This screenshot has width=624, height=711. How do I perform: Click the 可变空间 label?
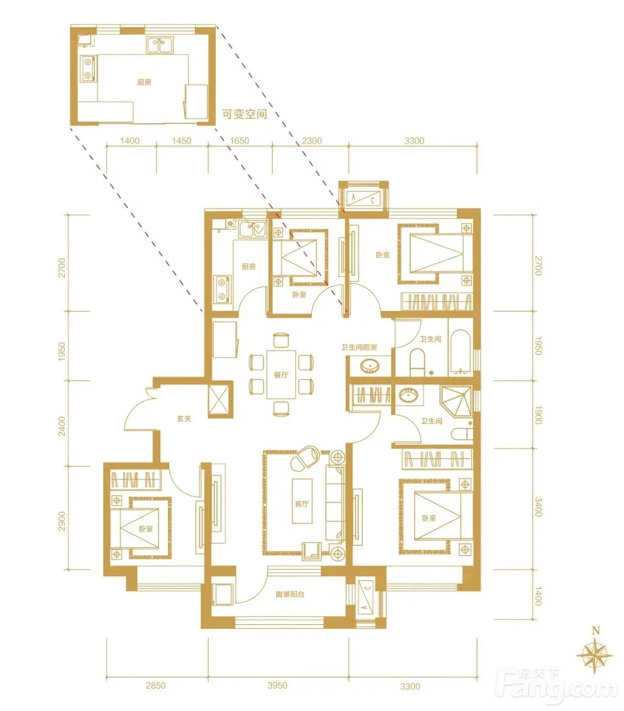[x=244, y=114]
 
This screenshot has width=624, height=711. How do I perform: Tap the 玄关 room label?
[x=184, y=418]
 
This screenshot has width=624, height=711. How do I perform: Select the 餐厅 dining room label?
[x=280, y=375]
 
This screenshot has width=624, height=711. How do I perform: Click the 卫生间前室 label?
[x=359, y=347]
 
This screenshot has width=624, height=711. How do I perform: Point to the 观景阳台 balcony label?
[x=290, y=594]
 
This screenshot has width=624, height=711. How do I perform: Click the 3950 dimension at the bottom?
[x=277, y=685]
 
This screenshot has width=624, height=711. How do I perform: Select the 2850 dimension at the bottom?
[x=156, y=685]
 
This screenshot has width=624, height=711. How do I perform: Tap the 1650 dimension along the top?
[x=240, y=141]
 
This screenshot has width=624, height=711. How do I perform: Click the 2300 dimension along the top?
[x=312, y=141]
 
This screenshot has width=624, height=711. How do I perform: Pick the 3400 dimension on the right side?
[x=538, y=507]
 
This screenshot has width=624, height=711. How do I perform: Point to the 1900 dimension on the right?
[x=538, y=415]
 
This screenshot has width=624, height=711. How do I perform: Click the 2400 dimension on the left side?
[x=62, y=426]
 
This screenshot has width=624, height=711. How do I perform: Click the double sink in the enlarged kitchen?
[x=160, y=45]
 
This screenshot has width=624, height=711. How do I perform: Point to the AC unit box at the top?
[x=363, y=198]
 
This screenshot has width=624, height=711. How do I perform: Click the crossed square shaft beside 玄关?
[x=220, y=400]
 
